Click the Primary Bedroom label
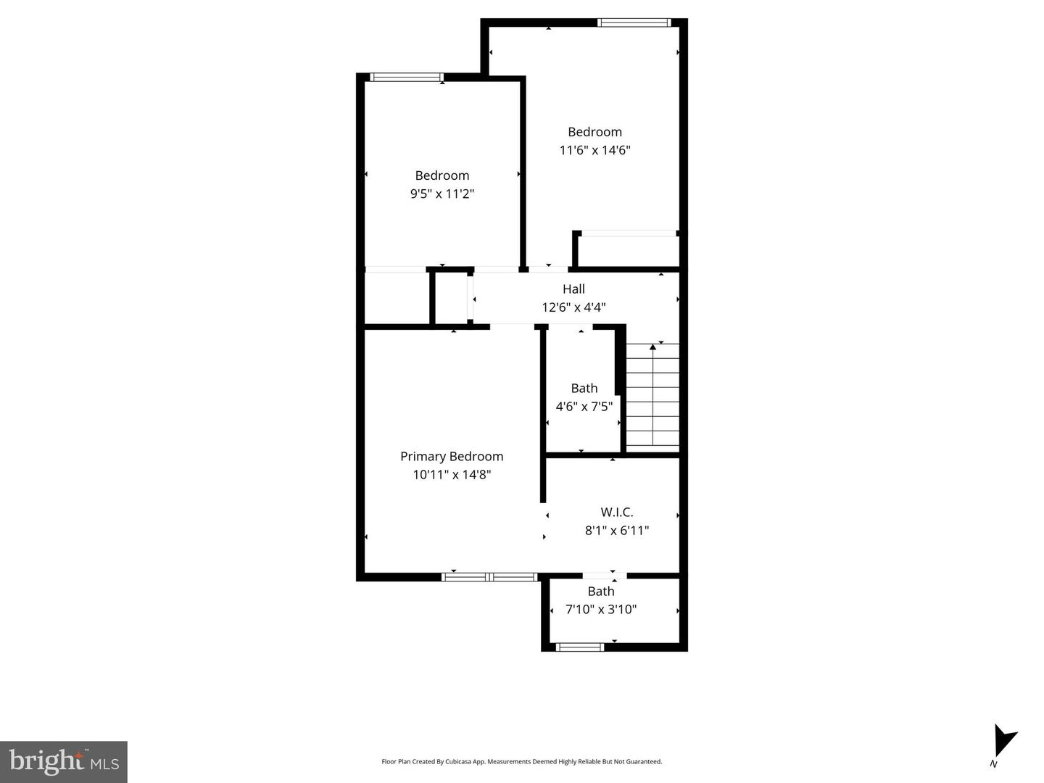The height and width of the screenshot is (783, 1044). pos(452,456)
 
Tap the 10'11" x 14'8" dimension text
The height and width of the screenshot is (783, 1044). pos(452,475)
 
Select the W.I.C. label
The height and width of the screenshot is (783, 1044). pos(616,512)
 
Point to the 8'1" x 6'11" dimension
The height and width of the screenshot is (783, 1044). pos(616,530)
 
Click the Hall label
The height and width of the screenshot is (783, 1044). pos(573,289)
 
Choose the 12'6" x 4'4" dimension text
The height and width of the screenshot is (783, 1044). pos(573,307)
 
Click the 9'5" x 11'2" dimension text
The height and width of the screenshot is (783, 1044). pos(442,194)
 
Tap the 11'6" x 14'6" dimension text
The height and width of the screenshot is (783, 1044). pos(594,150)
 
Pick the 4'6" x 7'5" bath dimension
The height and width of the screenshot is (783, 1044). pos(584,407)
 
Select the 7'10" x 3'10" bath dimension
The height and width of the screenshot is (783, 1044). pos(600,610)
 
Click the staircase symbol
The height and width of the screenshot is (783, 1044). pos(652,395)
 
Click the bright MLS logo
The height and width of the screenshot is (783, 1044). pos(64,761)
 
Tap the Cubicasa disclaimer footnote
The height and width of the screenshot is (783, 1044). pos(521,762)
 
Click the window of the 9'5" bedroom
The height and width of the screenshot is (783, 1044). pos(406,78)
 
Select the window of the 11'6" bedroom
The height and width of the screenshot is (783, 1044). pos(633,23)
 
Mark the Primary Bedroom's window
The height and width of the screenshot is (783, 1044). pos(489,577)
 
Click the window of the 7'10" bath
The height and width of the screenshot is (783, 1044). pos(579,647)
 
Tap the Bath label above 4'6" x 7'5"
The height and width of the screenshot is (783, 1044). pos(584,389)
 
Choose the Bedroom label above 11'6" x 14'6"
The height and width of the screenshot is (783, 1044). pos(594,132)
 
